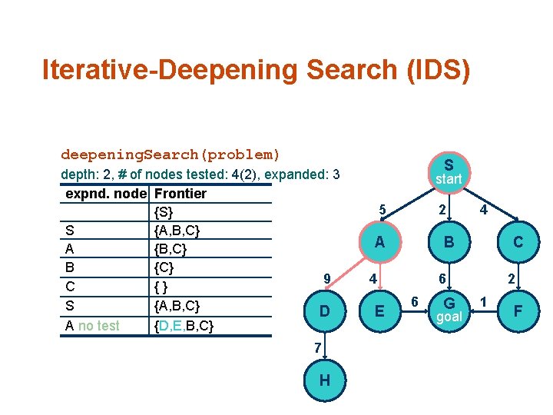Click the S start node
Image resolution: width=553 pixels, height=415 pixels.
click(449, 171)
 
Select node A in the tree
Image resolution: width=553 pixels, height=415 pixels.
click(379, 242)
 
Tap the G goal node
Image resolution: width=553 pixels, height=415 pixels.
click(449, 309)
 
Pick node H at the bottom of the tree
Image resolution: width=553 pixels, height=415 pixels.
click(325, 381)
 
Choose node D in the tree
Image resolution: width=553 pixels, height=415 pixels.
click(325, 311)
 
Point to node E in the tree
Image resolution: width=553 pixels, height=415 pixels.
click(379, 311)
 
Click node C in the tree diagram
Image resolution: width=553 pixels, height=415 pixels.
click(518, 242)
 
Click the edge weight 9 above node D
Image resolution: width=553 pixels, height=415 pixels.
click(326, 278)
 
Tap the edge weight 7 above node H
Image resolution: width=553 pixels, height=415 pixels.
click(317, 348)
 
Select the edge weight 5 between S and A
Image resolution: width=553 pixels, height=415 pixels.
click(382, 209)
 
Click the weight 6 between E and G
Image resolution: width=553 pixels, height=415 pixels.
click(413, 300)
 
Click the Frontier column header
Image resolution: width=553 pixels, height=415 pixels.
click(180, 193)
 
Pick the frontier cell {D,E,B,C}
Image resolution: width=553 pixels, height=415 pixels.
click(184, 326)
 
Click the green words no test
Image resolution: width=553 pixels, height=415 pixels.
click(99, 326)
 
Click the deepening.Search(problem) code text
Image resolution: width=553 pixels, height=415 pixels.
click(171, 154)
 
